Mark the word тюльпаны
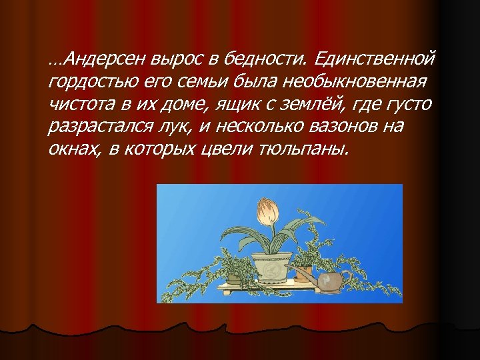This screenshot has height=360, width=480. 309,148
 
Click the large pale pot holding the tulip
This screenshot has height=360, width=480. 271,265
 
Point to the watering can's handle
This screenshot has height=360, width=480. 344,277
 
